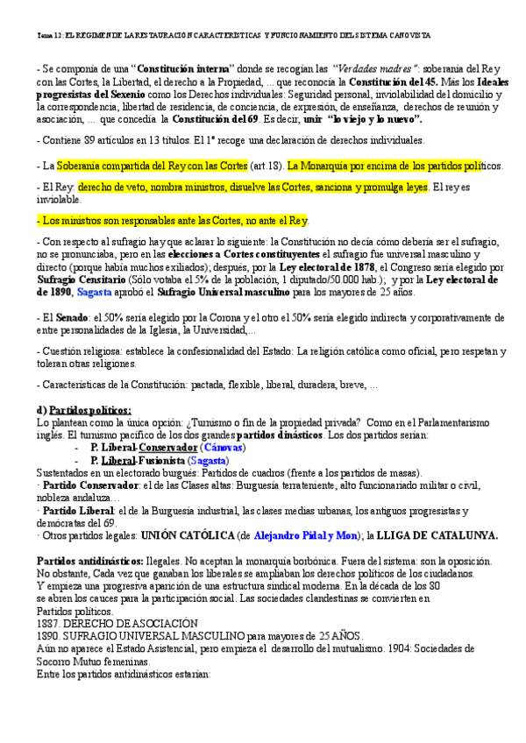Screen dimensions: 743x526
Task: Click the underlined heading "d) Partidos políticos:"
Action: click(83, 410)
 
